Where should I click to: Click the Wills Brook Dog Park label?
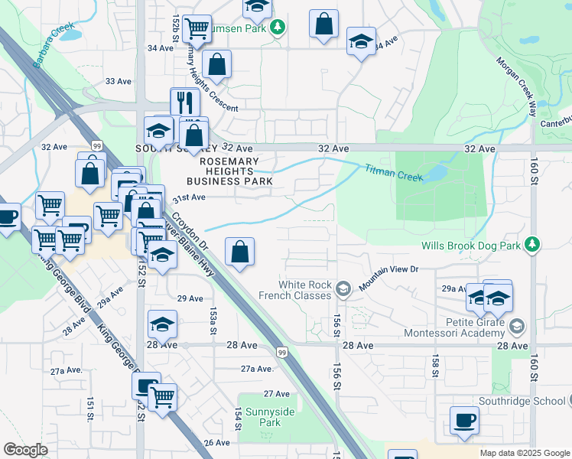tap(470, 246)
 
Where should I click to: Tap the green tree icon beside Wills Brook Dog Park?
tap(532, 245)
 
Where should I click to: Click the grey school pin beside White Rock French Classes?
tap(343, 288)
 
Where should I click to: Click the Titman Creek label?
tap(393, 173)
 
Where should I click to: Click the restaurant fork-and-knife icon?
tap(184, 102)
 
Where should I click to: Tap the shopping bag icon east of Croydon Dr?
tap(240, 251)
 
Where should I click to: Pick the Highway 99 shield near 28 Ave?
tap(282, 351)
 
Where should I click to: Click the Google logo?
tap(25, 450)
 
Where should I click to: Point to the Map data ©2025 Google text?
tap(524, 453)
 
